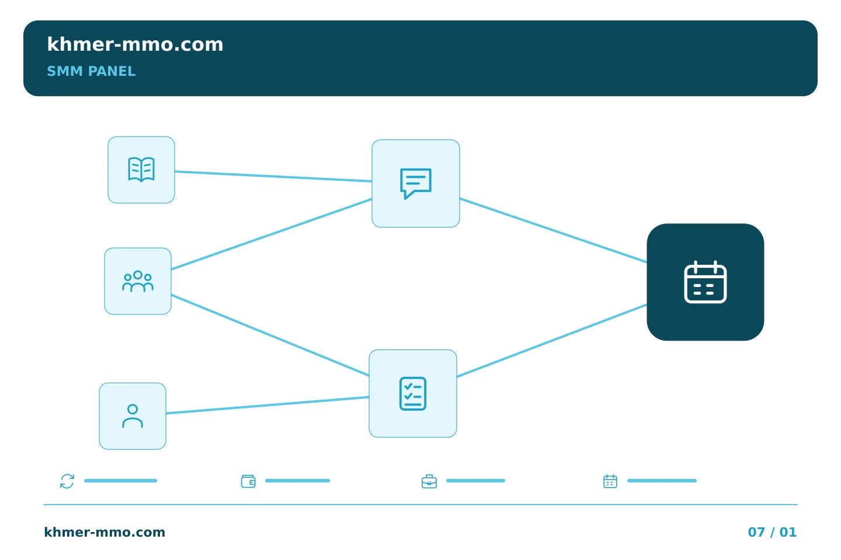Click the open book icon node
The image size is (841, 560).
click(141, 170)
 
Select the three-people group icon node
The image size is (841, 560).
click(138, 281)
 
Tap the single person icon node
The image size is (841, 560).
click(133, 416)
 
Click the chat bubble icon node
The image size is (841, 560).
click(416, 183)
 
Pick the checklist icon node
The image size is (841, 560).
click(413, 394)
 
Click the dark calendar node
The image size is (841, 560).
click(706, 282)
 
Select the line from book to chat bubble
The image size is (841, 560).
click(273, 176)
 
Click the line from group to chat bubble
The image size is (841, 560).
click(272, 234)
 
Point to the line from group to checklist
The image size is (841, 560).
click(270, 335)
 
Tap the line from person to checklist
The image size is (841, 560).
click(267, 405)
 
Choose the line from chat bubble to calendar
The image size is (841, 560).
click(554, 230)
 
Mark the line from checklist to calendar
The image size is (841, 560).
click(552, 341)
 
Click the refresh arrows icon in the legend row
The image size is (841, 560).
click(67, 481)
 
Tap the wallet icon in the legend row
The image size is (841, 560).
click(248, 481)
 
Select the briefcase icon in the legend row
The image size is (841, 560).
click(429, 481)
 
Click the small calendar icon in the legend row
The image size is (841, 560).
click(610, 481)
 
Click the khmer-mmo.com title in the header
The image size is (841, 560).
click(135, 44)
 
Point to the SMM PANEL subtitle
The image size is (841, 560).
click(91, 71)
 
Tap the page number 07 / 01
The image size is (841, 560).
click(772, 532)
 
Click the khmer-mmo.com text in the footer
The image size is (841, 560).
click(105, 532)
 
